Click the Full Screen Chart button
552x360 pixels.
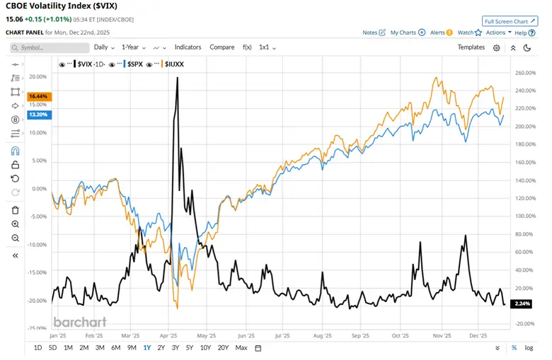(509, 21)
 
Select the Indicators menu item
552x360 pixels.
(188, 47)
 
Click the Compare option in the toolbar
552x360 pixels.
(222, 47)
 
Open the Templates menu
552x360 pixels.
(471, 47)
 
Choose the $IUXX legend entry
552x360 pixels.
(174, 64)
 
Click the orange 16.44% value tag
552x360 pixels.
(38, 96)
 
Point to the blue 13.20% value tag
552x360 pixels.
(38, 114)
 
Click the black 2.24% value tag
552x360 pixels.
(522, 303)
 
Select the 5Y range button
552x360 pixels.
(190, 348)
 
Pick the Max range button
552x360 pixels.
(241, 348)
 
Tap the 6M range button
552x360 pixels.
(115, 348)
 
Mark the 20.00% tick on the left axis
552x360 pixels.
(38, 76)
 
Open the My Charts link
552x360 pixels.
(407, 33)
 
